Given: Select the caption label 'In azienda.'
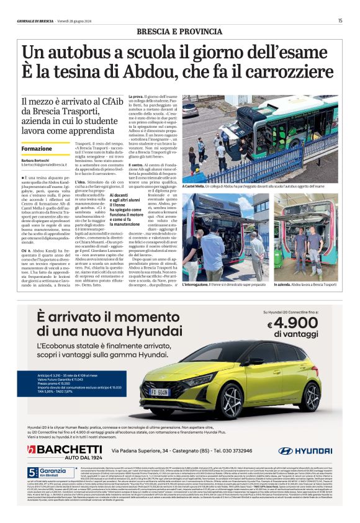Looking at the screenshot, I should [x=285, y=284].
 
